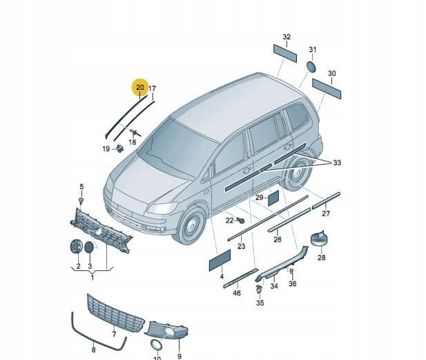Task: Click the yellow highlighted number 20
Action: pyautogui.click(x=140, y=88)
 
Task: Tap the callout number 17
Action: pyautogui.click(x=152, y=88)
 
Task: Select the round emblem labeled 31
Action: pyautogui.click(x=311, y=67)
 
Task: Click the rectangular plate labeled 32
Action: pyautogui.click(x=285, y=54)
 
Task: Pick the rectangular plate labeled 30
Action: pyautogui.click(x=327, y=89)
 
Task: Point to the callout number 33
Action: pyautogui.click(x=337, y=163)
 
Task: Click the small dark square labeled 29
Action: pyautogui.click(x=273, y=198)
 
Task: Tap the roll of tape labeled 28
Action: pyautogui.click(x=318, y=238)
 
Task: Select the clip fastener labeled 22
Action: pyautogui.click(x=240, y=220)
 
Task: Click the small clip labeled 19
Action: pyautogui.click(x=120, y=149)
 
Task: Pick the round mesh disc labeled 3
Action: pyautogui.click(x=89, y=247)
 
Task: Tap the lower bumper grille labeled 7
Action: pyautogui.click(x=116, y=313)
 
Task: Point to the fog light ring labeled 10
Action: pyautogui.click(x=156, y=345)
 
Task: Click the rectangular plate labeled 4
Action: pyautogui.click(x=220, y=260)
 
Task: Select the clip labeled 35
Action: pyautogui.click(x=259, y=290)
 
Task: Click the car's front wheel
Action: pyautogui.click(x=191, y=225)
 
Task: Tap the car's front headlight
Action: pyautogui.click(x=162, y=208)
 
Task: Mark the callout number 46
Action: pyautogui.click(x=237, y=293)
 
